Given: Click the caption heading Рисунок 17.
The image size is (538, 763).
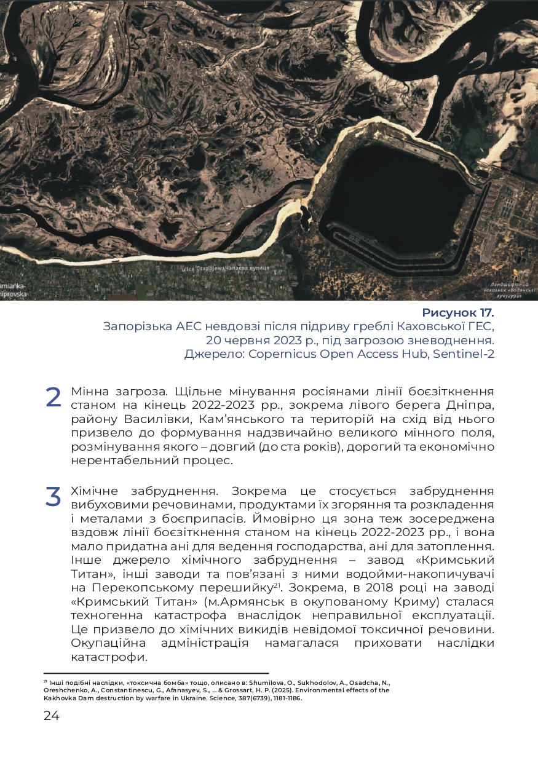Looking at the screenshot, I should click(458, 313).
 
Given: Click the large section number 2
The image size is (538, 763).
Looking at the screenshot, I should click(53, 398).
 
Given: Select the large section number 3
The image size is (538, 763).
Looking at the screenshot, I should click(53, 497).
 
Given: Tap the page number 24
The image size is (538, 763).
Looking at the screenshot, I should click(52, 716).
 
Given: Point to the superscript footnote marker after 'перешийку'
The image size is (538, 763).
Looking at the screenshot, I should click(277, 583).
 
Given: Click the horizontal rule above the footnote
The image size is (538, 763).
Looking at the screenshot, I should click(156, 674).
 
